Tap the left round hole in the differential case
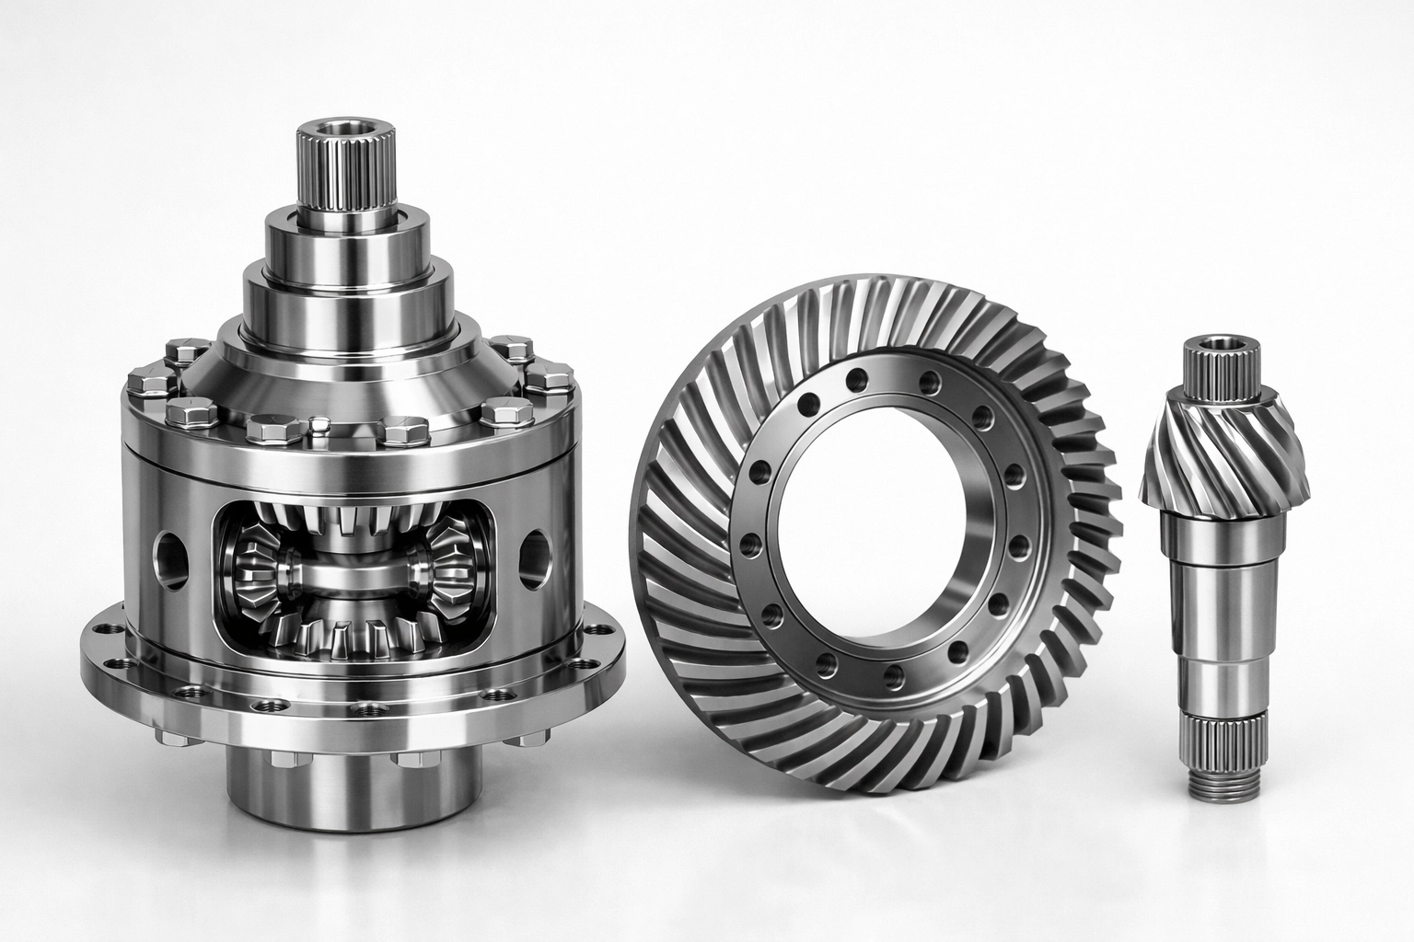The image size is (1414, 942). [x=171, y=557]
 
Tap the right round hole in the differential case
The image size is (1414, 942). [x=534, y=557]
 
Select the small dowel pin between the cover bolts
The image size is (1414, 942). [x=319, y=427]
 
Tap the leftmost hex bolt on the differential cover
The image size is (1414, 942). [x=147, y=379]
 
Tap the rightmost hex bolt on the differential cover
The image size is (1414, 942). [x=556, y=380]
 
